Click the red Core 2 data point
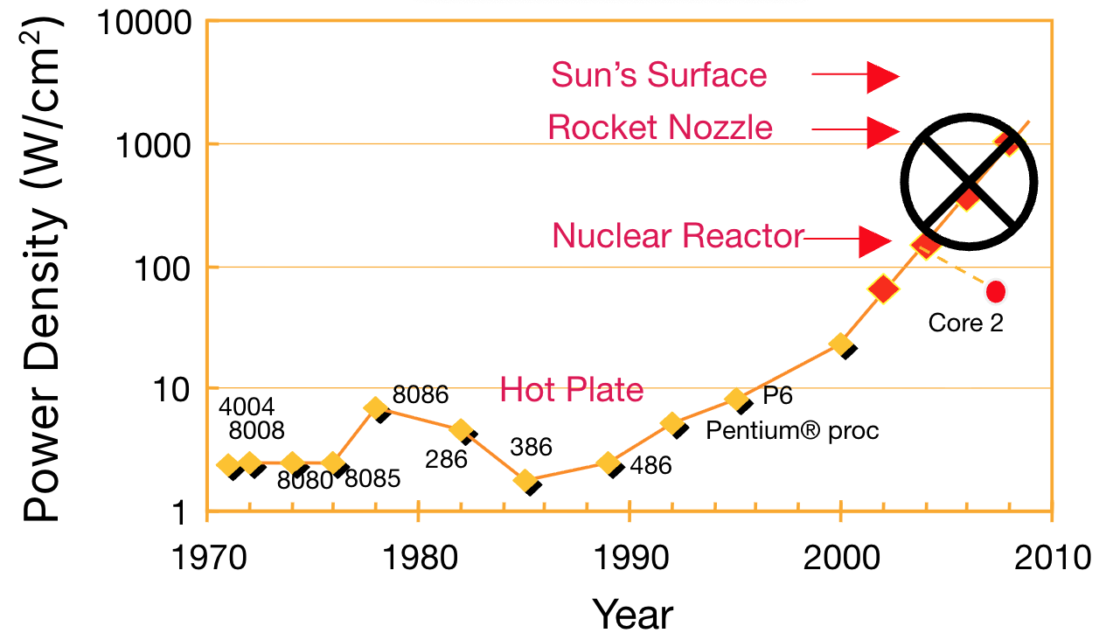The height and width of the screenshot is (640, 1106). (995, 291)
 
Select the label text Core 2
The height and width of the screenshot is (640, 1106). (965, 323)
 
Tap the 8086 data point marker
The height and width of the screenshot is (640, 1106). (376, 407)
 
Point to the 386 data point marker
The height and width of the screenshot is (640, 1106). (525, 480)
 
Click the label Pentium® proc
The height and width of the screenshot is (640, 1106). (792, 430)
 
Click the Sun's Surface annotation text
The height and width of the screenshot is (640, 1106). (658, 75)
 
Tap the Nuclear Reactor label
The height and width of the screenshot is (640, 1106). (677, 235)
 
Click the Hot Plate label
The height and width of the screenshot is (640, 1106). (571, 389)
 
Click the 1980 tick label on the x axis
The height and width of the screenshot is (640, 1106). (418, 556)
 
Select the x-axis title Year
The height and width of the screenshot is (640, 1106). (633, 614)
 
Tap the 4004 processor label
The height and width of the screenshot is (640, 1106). (247, 407)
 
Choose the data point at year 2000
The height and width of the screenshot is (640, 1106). (840, 344)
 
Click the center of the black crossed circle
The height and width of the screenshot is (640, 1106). (969, 181)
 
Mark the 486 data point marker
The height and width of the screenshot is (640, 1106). (609, 463)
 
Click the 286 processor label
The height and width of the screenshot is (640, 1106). (446, 456)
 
